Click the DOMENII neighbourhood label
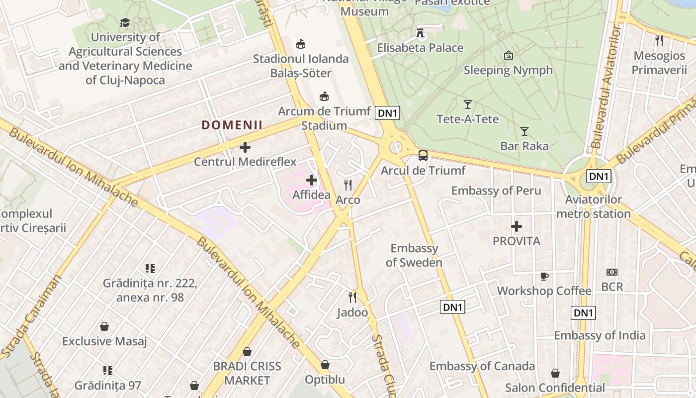click(232, 125)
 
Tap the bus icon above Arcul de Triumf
click(423, 156)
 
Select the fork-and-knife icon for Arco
click(348, 185)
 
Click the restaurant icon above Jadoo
click(352, 298)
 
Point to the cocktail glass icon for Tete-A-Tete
click(467, 104)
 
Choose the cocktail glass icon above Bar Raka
click(524, 131)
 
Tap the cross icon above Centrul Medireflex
click(245, 147)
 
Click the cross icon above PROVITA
click(517, 227)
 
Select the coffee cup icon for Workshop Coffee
click(544, 276)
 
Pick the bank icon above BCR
click(612, 272)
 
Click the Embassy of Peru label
click(496, 191)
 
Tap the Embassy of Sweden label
click(414, 255)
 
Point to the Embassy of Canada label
click(482, 367)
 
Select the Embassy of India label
click(600, 335)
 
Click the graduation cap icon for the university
click(125, 22)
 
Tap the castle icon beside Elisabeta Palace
click(420, 33)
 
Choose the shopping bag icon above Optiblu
click(325, 365)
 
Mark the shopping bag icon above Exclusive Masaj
click(104, 327)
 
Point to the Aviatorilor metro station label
click(593, 207)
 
